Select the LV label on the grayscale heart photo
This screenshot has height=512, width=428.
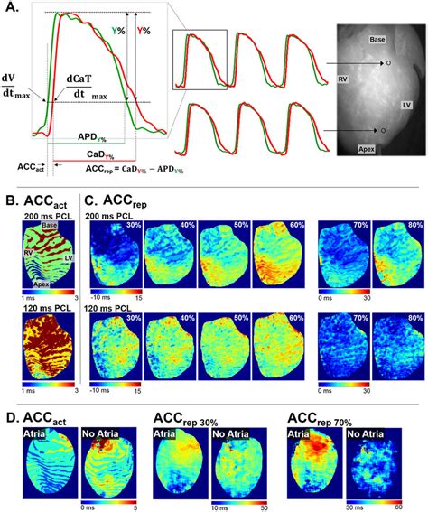tap(406, 106)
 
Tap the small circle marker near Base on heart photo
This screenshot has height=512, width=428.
tap(388, 64)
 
